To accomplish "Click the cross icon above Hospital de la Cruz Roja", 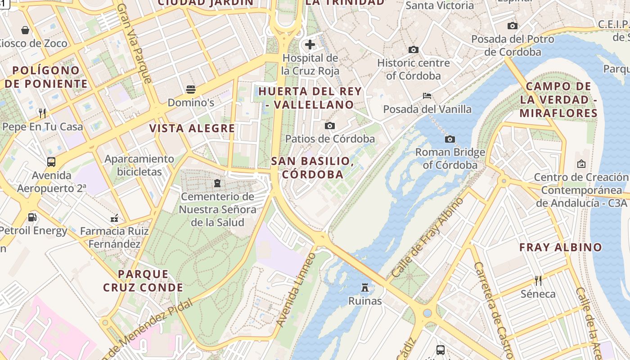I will click(310, 45).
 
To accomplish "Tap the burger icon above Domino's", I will click(191, 89).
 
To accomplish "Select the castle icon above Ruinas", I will click(365, 287).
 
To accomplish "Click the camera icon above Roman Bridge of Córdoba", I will click(450, 139).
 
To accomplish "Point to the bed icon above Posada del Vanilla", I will click(427, 96).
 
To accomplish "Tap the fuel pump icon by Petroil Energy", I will click(32, 217).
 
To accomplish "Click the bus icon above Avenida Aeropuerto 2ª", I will click(51, 162).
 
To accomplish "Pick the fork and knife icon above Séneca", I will click(538, 281).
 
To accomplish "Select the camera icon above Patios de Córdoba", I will click(330, 126).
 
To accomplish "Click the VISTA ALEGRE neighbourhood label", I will click(192, 128).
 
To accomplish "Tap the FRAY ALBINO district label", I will click(560, 247).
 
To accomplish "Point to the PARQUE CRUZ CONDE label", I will click(143, 280).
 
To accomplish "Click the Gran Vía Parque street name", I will click(134, 44).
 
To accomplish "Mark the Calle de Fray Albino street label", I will click(427, 237).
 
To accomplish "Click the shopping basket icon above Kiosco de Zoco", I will click(25, 30).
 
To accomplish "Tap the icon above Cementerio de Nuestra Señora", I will click(217, 183).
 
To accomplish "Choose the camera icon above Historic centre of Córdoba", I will click(414, 49).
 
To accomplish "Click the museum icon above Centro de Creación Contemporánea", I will click(581, 164).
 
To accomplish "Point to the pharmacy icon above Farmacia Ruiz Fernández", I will click(114, 218).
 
